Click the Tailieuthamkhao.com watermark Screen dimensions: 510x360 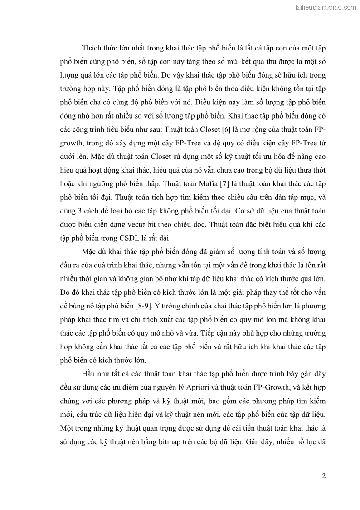pyautogui.click(x=325, y=7)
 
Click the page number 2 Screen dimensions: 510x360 pyautogui.click(x=324, y=476)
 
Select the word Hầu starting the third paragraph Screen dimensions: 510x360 pyautogui.click(x=91, y=374)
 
